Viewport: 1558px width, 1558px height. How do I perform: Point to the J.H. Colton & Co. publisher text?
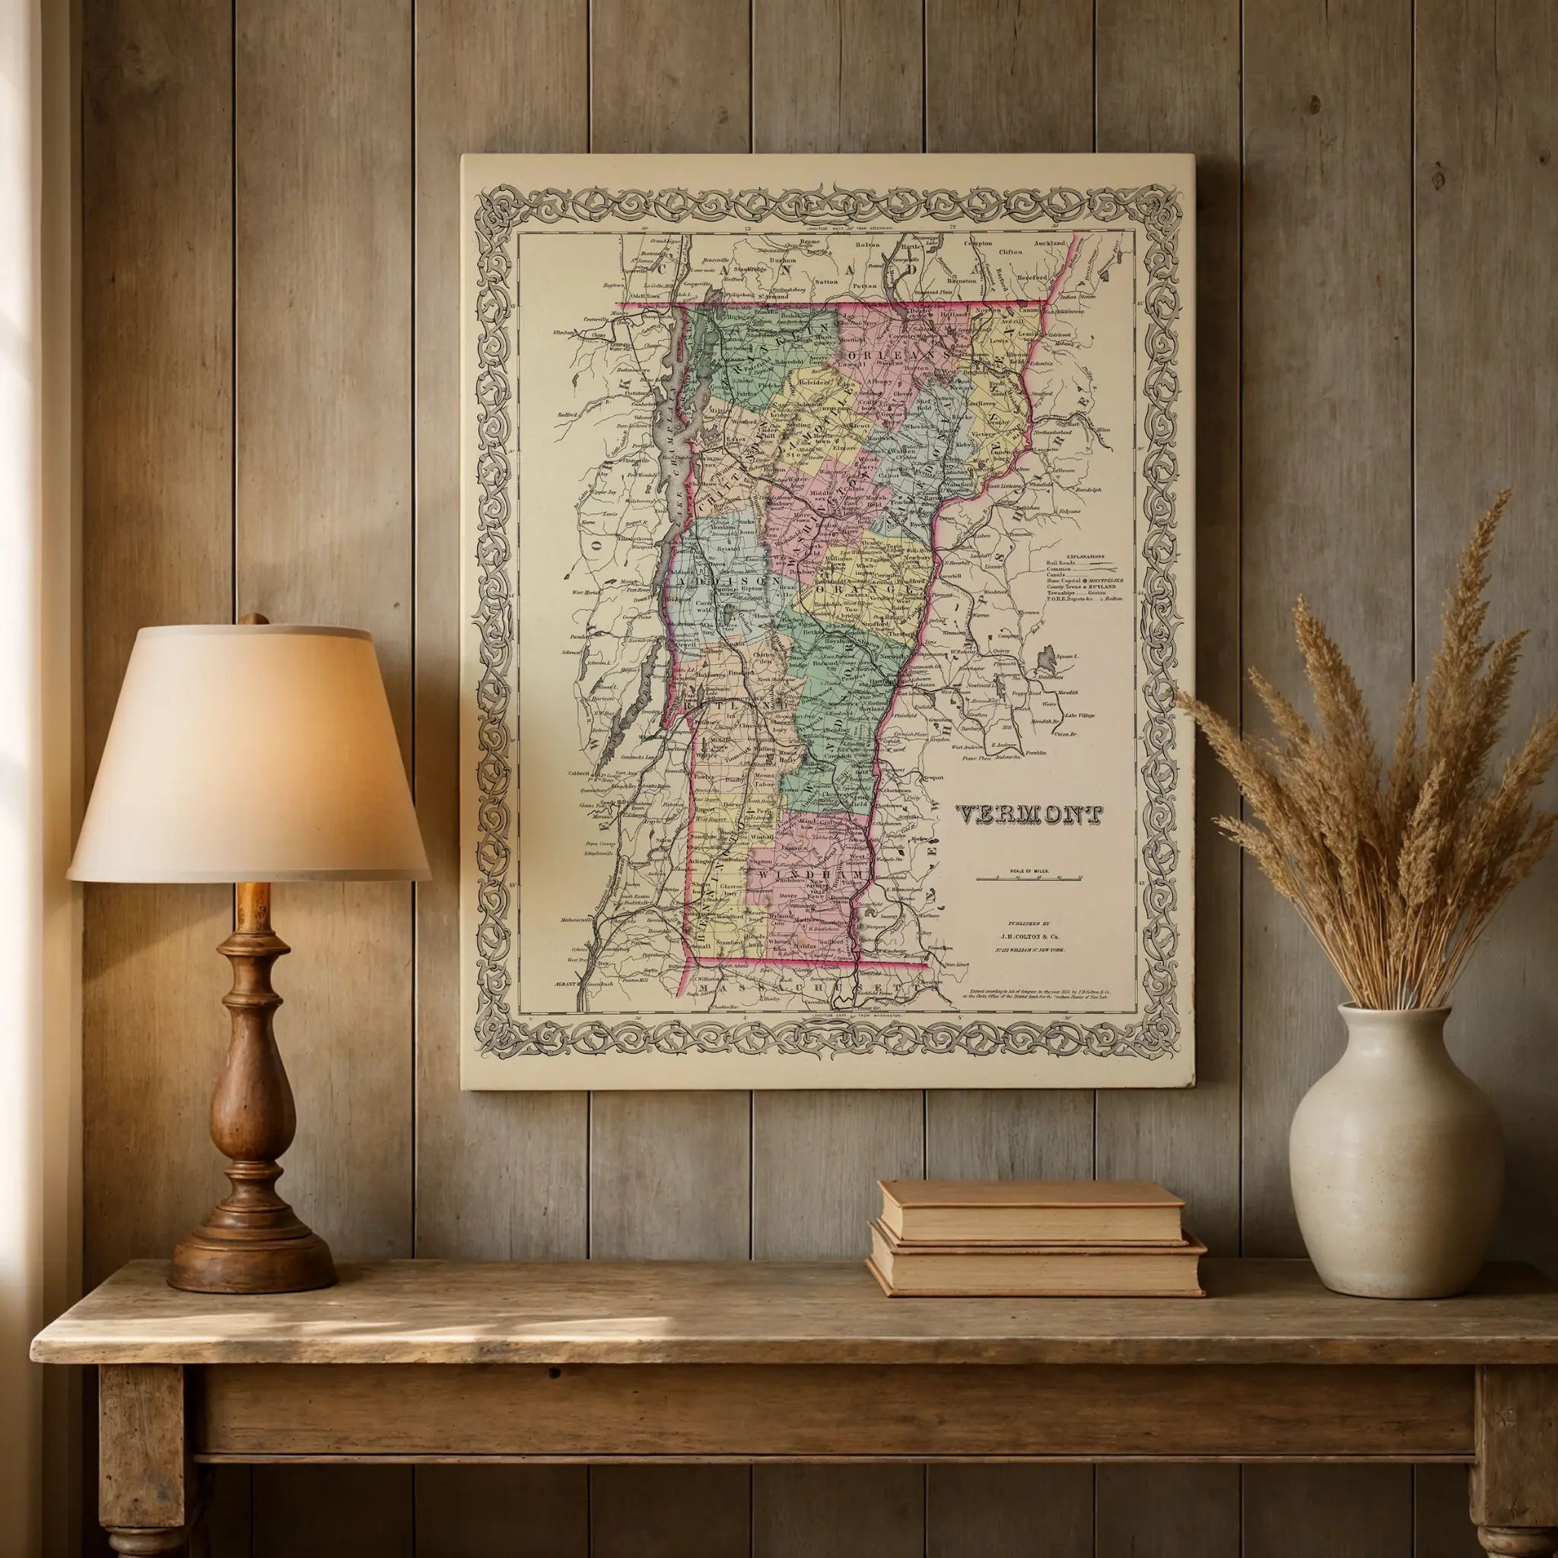pos(1029,936)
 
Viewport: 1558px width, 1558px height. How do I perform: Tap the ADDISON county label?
pos(727,580)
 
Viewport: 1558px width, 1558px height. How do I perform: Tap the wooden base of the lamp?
pos(252,1210)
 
